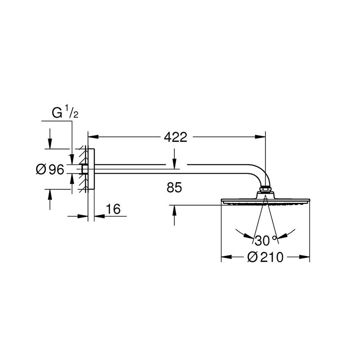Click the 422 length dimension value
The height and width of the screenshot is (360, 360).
click(175, 137)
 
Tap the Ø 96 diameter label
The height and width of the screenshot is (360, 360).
click(50, 170)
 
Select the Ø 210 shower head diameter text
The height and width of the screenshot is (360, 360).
click(265, 257)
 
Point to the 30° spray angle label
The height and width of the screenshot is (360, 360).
click(265, 240)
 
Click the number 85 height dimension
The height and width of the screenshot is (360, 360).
click(174, 187)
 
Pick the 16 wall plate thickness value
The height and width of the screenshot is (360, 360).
click(113, 209)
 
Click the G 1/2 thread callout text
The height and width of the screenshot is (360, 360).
click(65, 112)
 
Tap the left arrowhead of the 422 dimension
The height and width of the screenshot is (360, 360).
click(93, 137)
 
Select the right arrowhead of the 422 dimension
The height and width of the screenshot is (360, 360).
click(260, 137)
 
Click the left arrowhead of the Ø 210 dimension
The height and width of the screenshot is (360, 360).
click(226, 257)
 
